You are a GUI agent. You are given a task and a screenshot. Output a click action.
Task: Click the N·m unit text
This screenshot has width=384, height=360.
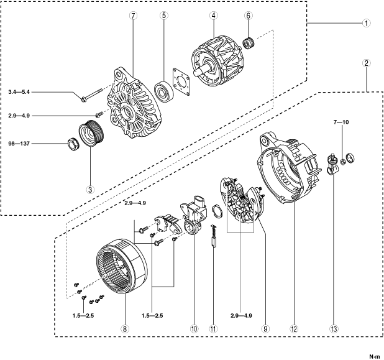point(374,356)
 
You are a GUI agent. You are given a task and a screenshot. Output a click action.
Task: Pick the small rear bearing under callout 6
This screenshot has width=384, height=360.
point(251,44)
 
